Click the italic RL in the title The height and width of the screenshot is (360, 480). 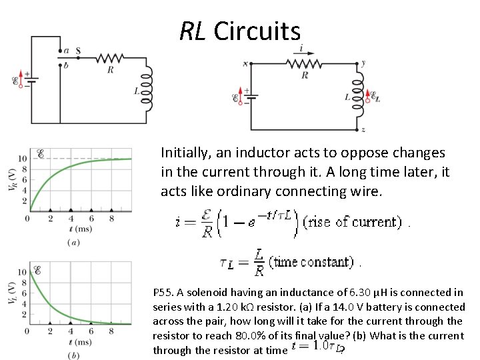(193, 31)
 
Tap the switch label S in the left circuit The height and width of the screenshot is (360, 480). (79, 50)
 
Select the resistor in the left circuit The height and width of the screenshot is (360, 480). (110, 57)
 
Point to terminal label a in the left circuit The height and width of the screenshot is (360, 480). (65, 50)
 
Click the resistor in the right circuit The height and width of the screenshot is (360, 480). (305, 63)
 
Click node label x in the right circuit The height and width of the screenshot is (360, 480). (245, 64)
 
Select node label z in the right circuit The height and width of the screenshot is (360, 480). (363, 129)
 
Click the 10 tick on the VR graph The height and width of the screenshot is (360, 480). (22, 159)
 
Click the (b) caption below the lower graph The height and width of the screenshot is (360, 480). (73, 355)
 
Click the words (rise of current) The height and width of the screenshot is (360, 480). (352, 222)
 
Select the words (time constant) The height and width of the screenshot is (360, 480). (313, 262)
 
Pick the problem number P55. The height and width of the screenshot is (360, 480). (163, 293)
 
